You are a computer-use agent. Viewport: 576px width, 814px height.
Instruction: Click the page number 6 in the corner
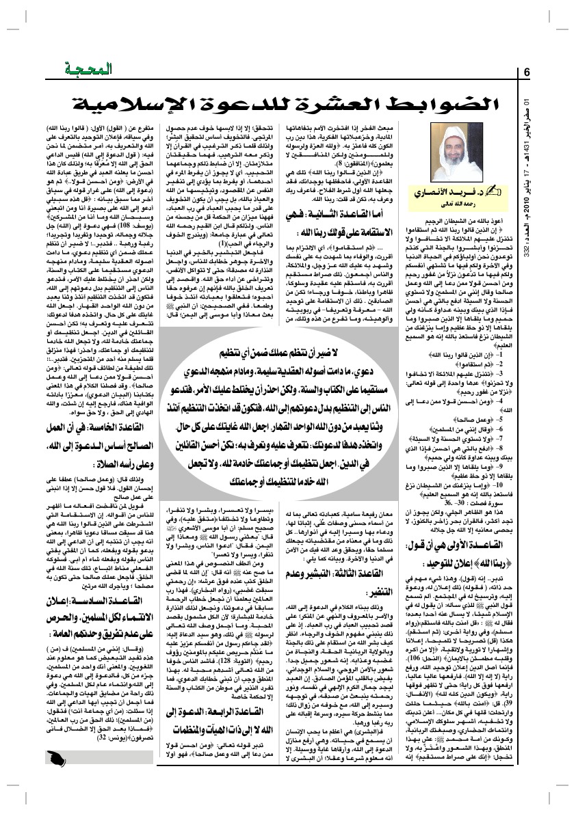click(527, 73)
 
